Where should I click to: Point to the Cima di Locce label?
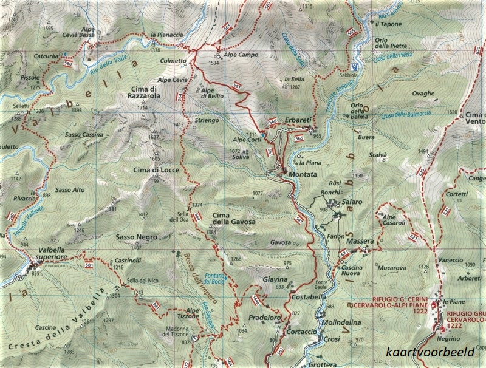tap(156, 171)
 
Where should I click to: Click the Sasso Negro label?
tap(136, 237)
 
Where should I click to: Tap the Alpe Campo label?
tap(241, 55)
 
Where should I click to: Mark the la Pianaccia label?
tap(166, 35)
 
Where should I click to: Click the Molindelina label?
tap(336, 325)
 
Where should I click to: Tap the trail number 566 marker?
tap(273, 123)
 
